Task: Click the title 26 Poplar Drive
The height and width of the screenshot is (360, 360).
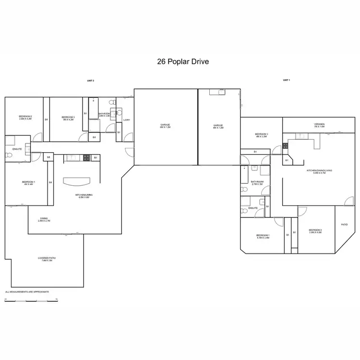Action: (183, 62)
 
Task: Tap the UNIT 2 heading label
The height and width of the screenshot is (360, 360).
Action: (90, 81)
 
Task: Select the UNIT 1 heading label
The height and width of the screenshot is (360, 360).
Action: (287, 80)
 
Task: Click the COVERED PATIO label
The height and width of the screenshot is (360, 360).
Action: (47, 259)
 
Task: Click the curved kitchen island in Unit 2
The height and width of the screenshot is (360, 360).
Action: (77, 180)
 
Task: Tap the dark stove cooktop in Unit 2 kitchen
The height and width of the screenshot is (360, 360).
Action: (86, 157)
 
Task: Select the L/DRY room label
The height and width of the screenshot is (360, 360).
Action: (127, 120)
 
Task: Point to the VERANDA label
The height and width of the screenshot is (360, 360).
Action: (319, 125)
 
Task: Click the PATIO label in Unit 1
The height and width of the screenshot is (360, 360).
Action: (344, 224)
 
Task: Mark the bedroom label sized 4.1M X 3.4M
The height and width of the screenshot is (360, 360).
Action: (263, 236)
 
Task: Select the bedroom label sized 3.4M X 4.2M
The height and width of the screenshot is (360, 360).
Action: (25, 118)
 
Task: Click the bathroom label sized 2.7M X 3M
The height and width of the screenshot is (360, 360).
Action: (257, 183)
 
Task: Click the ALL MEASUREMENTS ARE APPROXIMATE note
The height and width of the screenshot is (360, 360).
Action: (27, 291)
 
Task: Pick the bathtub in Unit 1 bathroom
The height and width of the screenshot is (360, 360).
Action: (244, 178)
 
